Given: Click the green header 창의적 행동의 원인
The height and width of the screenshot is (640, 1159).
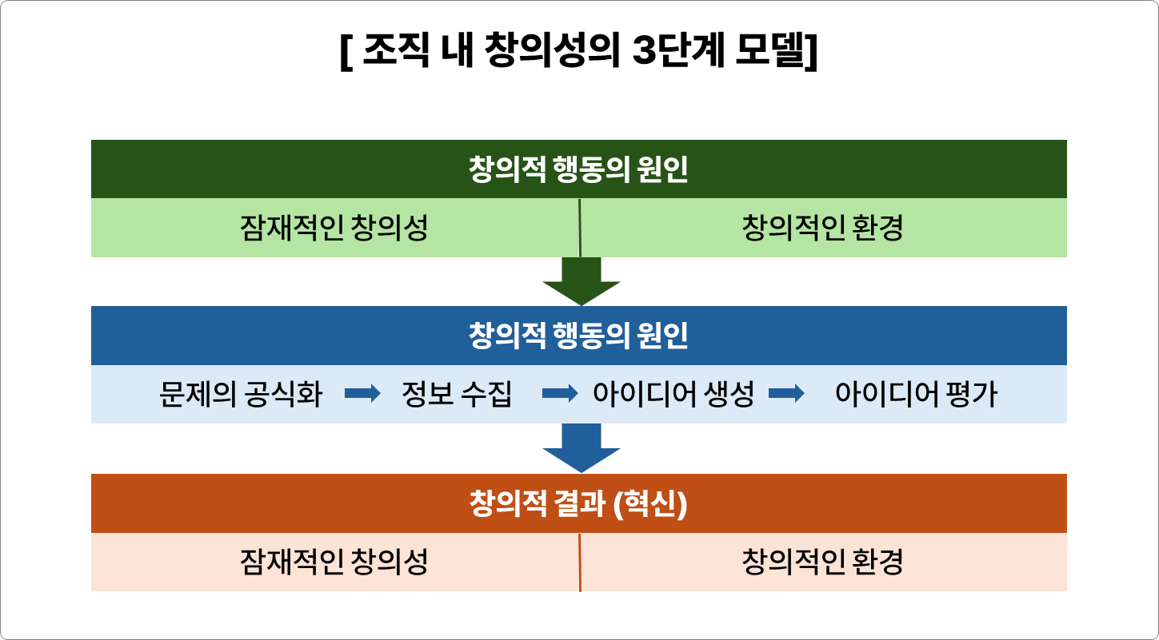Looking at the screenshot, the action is coord(578,170).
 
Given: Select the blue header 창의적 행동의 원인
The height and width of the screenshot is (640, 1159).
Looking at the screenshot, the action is coord(578,336).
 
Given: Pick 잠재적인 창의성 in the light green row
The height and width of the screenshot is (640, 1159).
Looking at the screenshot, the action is coord(334,229).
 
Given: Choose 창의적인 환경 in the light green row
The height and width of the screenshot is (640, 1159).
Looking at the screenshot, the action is coord(822,229).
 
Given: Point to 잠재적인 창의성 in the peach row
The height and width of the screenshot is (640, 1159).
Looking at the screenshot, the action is coord(334,562).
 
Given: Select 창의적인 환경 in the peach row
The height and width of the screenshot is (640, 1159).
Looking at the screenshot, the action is coord(822,562).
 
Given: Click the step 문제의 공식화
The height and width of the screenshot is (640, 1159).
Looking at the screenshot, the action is coord(241,395).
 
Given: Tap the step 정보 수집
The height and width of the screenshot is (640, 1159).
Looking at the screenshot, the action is coord(456,395).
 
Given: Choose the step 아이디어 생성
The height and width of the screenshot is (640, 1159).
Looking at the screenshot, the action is coord(673,395).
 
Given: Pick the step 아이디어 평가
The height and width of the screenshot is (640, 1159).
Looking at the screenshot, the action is coord(916,395).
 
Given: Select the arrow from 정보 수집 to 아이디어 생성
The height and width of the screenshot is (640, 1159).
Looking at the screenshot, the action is coord(560,394).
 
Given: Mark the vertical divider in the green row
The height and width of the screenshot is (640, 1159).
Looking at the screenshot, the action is coord(579,229).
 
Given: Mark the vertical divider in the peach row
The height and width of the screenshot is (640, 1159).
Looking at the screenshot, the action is coord(579,562).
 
